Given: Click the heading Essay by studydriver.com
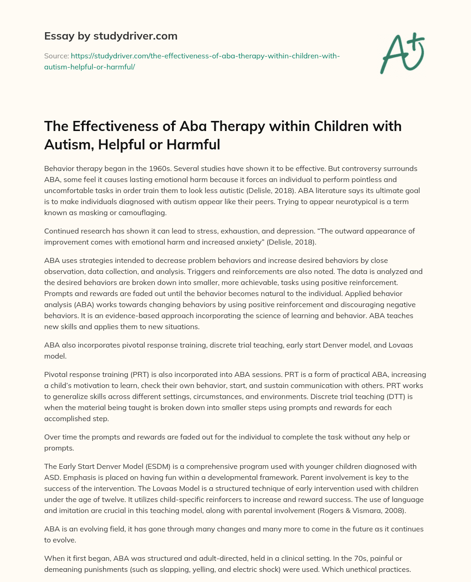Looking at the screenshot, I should coord(110,36).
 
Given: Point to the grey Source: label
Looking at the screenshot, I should coord(56,56).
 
